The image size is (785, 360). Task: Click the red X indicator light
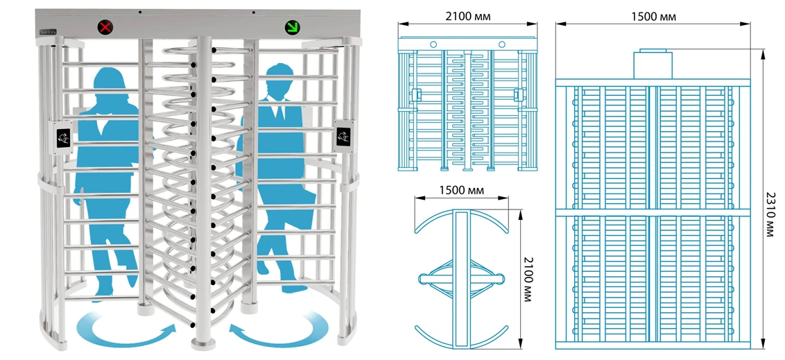[x=105, y=28]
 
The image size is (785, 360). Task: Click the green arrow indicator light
[x=291, y=28]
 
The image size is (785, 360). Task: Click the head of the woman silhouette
[x=110, y=82]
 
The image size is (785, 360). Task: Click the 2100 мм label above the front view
[x=466, y=15]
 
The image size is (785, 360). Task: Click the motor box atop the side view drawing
[x=653, y=64]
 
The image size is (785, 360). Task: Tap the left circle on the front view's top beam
[x=433, y=44]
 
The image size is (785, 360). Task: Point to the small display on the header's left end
[x=49, y=31]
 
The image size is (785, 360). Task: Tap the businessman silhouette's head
[x=278, y=78]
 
